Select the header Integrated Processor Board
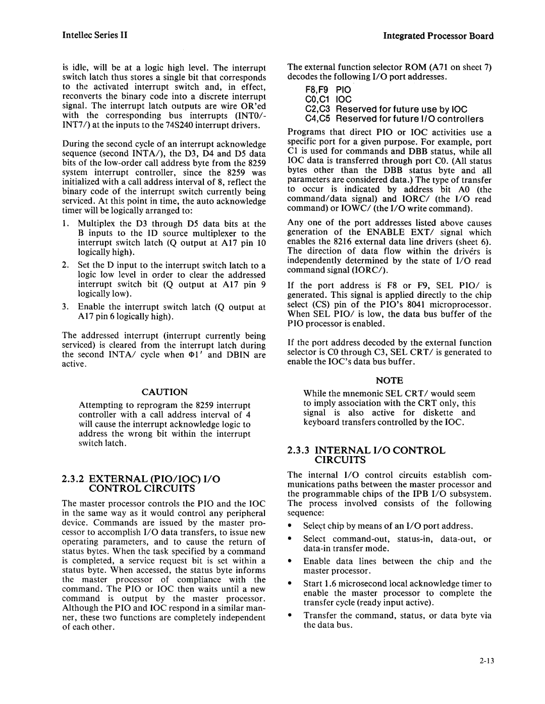(438, 36)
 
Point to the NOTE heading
(389, 380)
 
